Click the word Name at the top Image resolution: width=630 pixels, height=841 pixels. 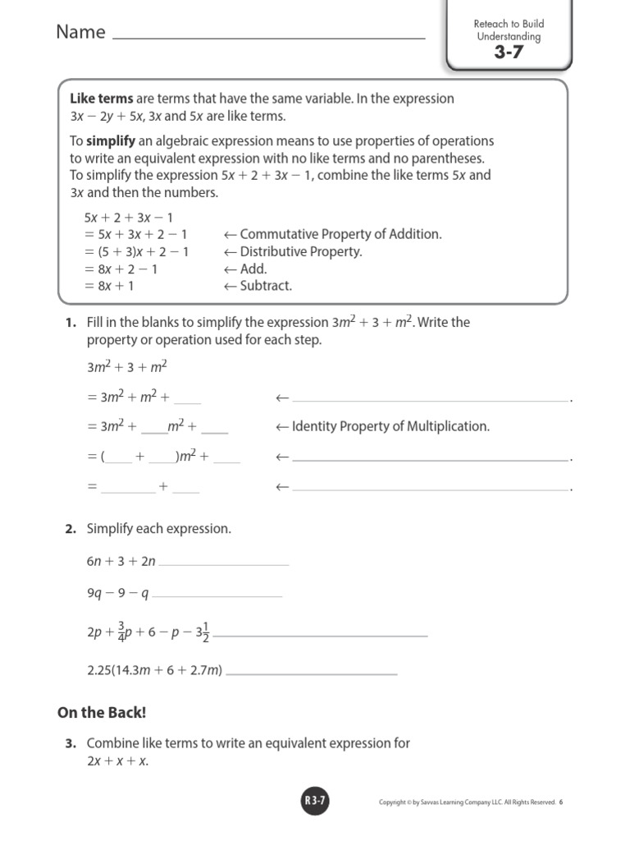tap(80, 32)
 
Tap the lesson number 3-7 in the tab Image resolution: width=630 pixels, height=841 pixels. tap(508, 53)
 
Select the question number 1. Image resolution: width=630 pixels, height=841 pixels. tap(71, 323)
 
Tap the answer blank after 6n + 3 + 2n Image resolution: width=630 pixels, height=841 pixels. tap(224, 563)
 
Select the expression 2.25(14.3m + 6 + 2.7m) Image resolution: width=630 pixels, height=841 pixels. tap(154, 670)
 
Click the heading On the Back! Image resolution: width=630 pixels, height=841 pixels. tap(102, 712)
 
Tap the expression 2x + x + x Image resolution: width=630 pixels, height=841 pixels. tap(117, 761)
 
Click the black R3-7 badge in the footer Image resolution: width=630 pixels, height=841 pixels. tap(315, 802)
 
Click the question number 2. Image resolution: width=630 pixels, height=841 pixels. tap(71, 530)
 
